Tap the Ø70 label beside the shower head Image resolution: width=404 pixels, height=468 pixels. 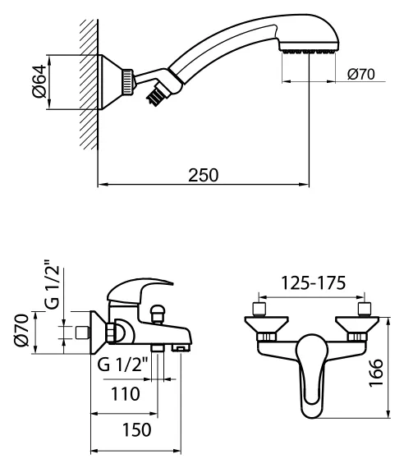pos(360,75)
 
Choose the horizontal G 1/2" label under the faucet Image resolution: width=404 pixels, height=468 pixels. pos(122,365)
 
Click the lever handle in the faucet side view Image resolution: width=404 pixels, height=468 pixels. pos(140,292)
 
